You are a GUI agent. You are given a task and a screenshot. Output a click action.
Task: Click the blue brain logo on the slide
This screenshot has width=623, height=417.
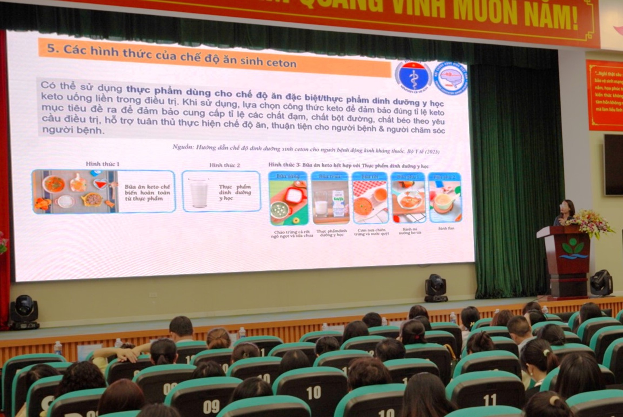450,78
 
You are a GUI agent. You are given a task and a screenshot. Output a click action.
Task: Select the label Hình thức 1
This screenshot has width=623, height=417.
103,164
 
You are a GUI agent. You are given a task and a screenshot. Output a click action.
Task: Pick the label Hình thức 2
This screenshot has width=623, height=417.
224,165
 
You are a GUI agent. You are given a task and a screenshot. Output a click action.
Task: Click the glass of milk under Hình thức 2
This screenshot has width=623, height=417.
199,192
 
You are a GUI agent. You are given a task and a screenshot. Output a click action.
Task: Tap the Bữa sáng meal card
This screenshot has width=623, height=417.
289,198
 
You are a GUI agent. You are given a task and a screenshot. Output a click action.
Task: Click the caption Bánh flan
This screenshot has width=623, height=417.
446,228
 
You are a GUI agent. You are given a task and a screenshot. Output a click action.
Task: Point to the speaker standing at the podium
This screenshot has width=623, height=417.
565,213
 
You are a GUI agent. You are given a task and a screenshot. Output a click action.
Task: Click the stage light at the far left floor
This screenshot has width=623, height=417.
24,312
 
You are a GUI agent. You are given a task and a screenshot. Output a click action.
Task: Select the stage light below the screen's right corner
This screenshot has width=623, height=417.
436,288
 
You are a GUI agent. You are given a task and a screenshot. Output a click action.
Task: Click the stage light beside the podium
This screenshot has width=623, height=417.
601,283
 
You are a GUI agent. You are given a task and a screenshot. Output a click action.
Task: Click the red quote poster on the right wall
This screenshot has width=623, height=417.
604,95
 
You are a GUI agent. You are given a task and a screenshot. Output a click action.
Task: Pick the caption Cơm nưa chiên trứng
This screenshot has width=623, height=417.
371,232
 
